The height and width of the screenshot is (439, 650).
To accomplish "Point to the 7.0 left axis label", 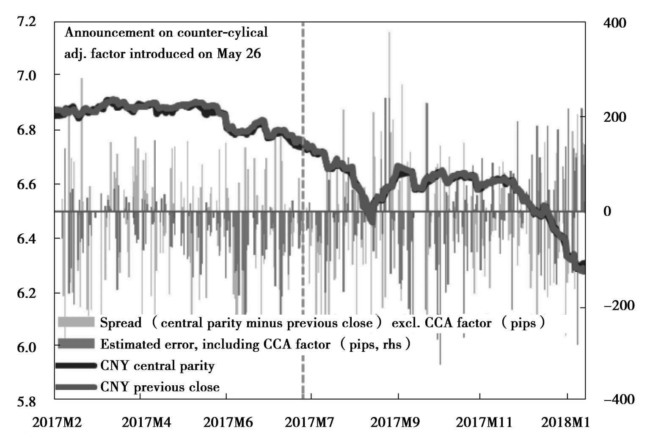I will click(x=26, y=75).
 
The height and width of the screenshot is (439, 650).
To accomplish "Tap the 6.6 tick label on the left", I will click(x=26, y=184).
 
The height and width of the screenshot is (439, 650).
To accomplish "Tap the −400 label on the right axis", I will click(x=619, y=399).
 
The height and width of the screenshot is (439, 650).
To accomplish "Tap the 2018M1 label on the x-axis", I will click(x=566, y=422).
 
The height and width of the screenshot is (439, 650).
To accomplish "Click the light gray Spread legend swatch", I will click(x=76, y=323).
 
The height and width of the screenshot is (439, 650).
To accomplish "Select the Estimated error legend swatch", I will click(x=76, y=344).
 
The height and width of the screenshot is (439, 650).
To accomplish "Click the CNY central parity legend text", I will click(x=157, y=365).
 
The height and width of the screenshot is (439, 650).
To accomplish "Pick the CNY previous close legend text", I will click(x=160, y=387).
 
